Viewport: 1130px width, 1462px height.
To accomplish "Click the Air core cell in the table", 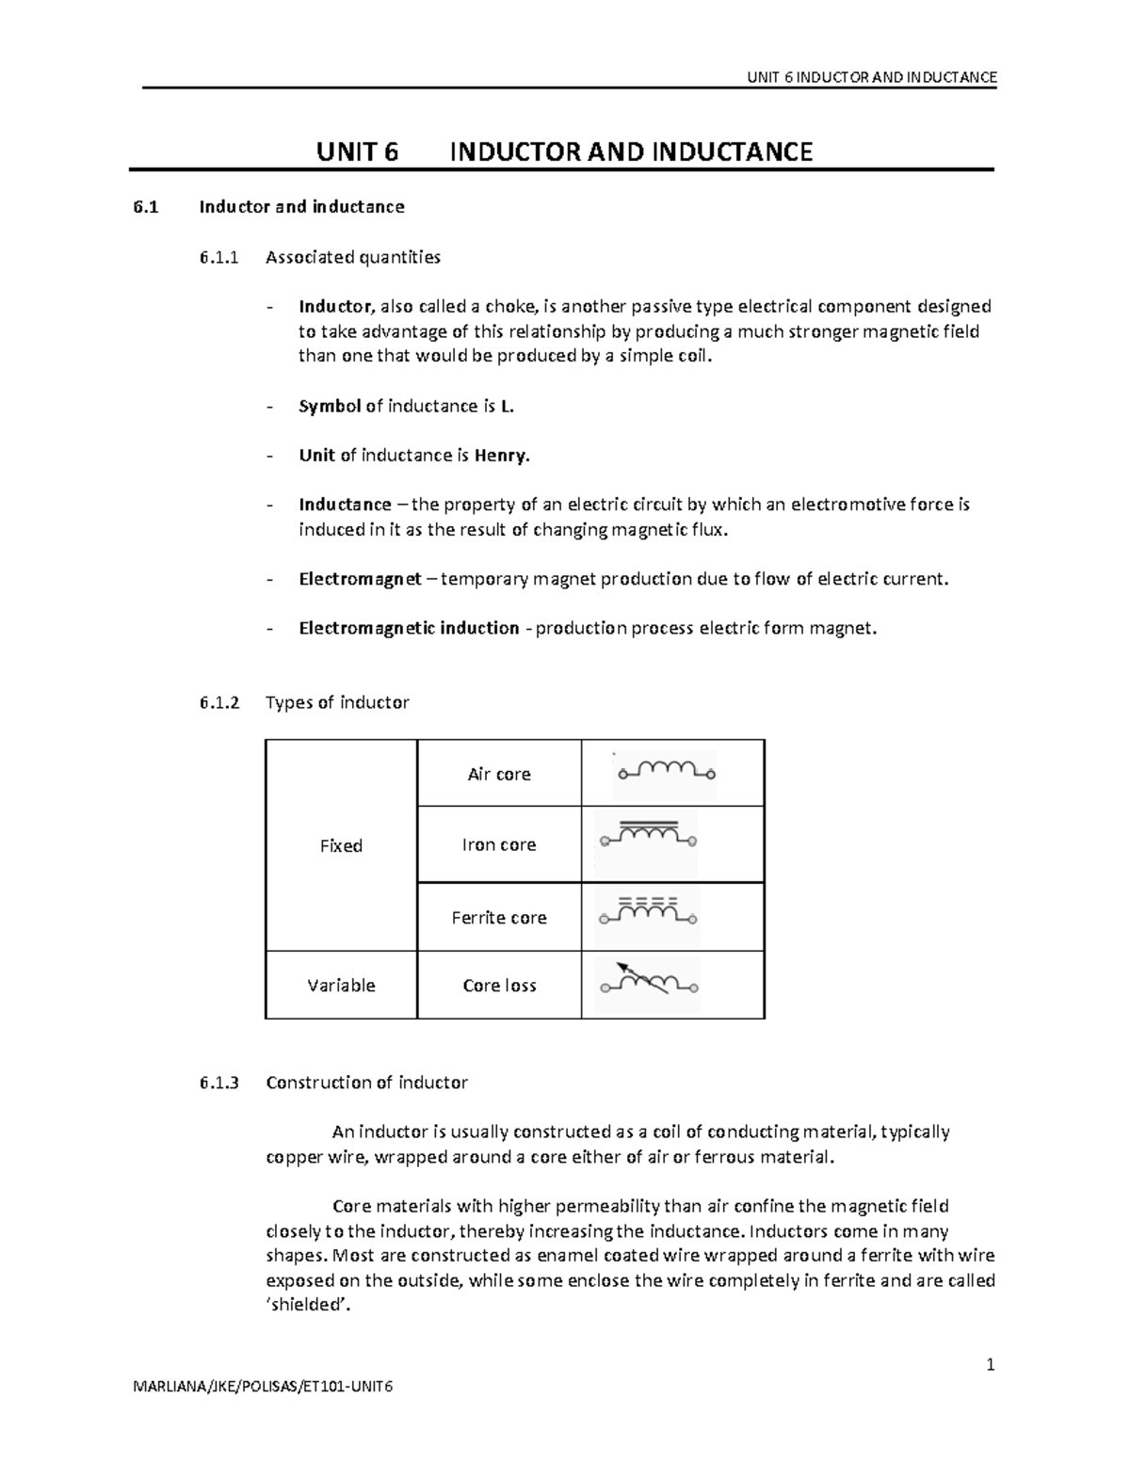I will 499,774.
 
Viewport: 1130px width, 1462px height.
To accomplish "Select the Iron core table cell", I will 499,844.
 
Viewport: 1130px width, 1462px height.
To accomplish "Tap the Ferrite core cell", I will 499,917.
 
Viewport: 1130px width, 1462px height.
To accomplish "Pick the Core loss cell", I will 499,985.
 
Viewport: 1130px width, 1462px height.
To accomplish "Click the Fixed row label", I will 341,845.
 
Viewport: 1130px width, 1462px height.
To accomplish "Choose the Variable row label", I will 341,985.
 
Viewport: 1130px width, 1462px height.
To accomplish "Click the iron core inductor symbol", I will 648,835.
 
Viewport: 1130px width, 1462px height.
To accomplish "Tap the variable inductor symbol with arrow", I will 648,981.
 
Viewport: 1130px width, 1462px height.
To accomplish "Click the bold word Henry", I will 502,456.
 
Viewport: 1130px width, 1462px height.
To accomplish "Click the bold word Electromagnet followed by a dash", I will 360,579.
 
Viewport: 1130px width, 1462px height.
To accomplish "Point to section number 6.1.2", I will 219,702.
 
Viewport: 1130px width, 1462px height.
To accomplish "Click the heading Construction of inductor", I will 366,1082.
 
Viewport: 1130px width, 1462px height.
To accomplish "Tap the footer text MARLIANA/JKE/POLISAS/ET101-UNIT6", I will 264,1387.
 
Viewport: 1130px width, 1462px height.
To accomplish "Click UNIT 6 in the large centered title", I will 357,152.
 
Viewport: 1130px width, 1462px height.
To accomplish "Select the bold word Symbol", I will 330,407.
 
